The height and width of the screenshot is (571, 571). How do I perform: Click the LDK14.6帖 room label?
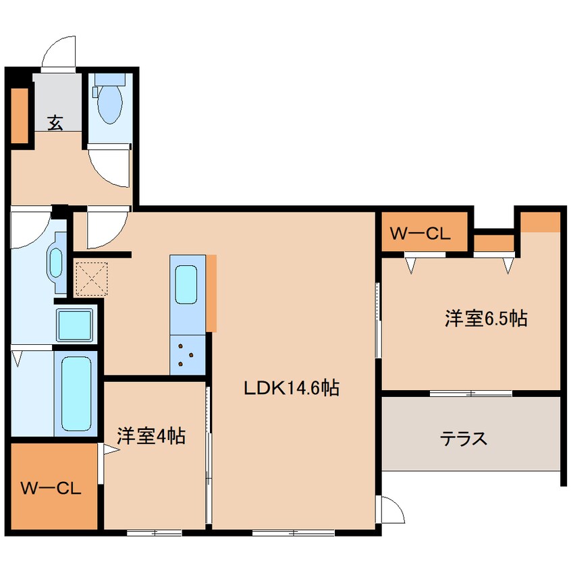click(x=291, y=389)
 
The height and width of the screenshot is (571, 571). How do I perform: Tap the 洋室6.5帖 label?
click(x=485, y=319)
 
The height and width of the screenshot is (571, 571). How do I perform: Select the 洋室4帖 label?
click(x=151, y=437)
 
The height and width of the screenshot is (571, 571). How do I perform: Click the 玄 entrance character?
click(x=55, y=123)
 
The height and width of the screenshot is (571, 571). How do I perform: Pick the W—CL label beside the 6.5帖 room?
click(x=420, y=234)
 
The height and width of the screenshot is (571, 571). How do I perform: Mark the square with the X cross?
click(x=92, y=278)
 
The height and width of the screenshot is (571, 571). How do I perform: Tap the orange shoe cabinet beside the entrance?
click(x=20, y=115)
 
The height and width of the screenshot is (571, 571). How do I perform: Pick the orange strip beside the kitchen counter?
click(x=211, y=293)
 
